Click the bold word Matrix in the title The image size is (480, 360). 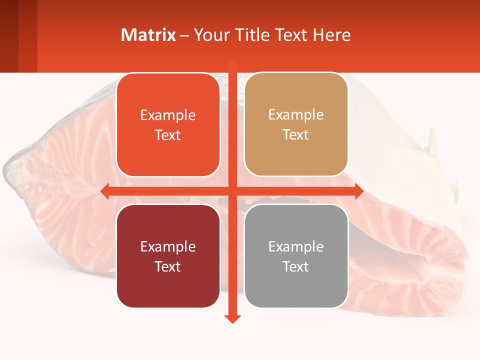click(148, 35)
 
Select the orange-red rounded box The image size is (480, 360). click(168, 125)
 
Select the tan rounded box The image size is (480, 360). click(296, 124)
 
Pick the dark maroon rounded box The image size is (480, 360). click(168, 256)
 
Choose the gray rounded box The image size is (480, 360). click(296, 256)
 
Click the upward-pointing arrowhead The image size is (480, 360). click(232, 64)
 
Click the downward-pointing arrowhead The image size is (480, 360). click(232, 319)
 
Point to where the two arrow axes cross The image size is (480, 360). click(232, 191)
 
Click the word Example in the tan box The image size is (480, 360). click(296, 114)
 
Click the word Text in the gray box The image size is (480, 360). click(296, 266)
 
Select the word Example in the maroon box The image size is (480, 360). click(168, 246)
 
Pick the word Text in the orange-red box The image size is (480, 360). click(168, 135)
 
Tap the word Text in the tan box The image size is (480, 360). click(296, 134)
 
